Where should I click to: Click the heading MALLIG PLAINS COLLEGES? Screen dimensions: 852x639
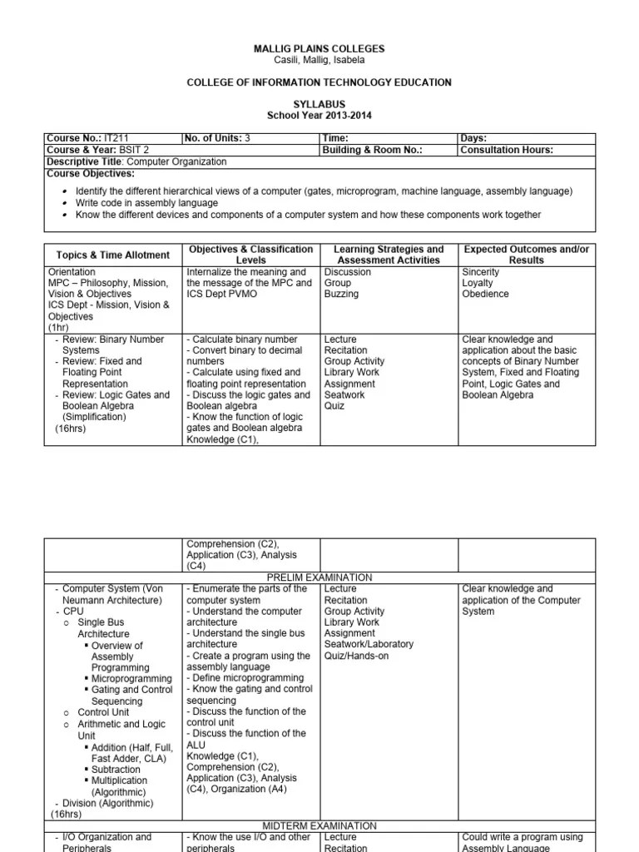click(319, 49)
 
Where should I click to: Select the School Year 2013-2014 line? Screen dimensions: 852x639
click(319, 115)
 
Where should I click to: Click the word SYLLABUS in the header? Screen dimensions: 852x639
click(319, 104)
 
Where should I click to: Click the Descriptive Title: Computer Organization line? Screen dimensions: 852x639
click(136, 161)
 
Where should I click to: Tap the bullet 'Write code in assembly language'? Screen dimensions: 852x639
click(146, 203)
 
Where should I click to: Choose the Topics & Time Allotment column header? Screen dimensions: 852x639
click(112, 255)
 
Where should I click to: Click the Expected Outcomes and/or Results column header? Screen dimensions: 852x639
click(526, 255)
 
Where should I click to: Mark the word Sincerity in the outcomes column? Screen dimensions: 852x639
click(482, 272)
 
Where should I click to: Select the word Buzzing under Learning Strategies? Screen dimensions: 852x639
click(341, 295)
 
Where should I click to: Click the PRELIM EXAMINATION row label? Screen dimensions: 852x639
click(319, 577)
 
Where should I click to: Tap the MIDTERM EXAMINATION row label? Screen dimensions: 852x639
click(319, 825)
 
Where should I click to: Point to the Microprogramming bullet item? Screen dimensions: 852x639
click(131, 679)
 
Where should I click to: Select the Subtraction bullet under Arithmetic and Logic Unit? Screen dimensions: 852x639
click(116, 770)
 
